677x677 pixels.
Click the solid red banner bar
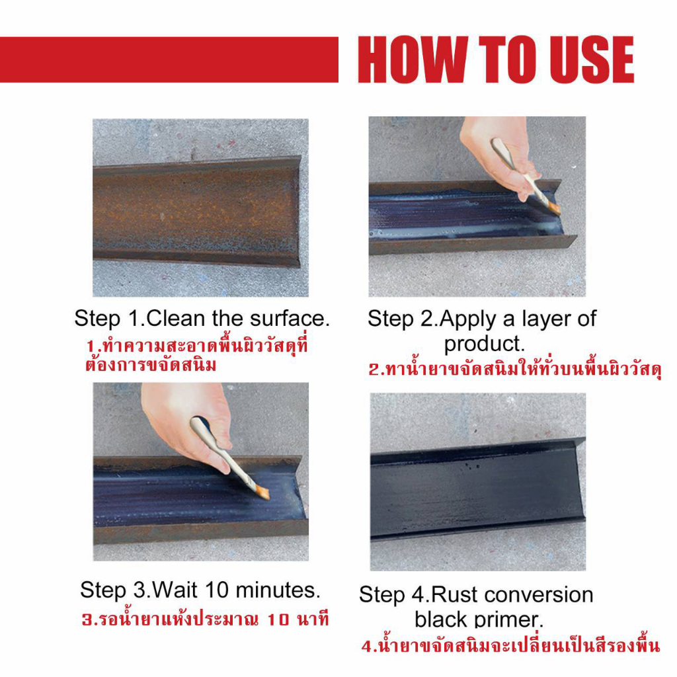169,60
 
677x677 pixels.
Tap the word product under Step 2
483,344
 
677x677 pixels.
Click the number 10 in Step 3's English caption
217,590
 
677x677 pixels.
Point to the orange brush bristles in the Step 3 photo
262,492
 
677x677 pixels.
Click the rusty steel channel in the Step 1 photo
197,212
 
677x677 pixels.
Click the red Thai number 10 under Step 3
278,620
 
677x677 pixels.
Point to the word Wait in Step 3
175,590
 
